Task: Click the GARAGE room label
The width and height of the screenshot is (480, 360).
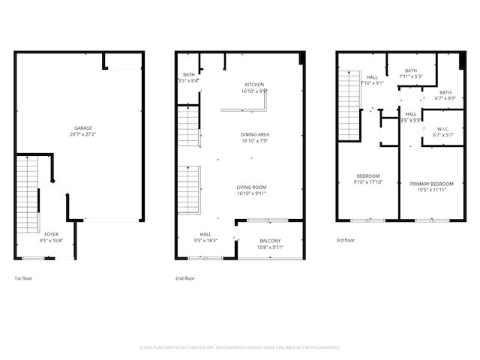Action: (x=82, y=128)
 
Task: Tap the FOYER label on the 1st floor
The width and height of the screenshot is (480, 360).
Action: (x=51, y=235)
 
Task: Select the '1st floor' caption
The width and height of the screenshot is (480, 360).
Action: (x=23, y=278)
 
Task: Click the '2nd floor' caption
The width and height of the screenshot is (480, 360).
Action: (x=184, y=278)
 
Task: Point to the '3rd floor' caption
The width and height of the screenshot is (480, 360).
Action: (x=346, y=241)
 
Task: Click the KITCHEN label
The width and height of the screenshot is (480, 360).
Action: (x=254, y=84)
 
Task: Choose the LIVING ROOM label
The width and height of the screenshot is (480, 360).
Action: (x=251, y=187)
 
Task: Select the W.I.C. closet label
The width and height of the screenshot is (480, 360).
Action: (x=442, y=128)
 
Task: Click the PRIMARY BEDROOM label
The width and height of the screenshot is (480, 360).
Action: (x=431, y=184)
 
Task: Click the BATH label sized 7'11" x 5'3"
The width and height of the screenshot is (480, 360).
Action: (x=411, y=70)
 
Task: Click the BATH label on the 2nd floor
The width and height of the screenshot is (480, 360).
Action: (x=187, y=74)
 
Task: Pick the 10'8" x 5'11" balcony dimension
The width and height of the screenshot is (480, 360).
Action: (x=269, y=247)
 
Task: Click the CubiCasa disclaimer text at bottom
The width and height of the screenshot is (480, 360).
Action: (x=240, y=347)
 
